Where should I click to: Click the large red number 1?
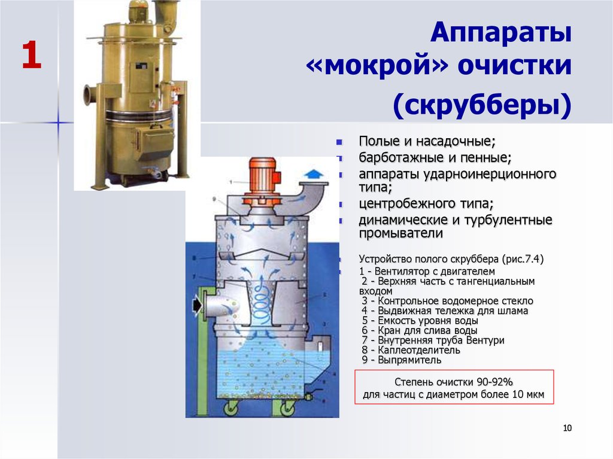point(31,55)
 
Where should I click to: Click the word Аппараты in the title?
point(501,33)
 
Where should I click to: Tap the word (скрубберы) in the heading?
point(482,105)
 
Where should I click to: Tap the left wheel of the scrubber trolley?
point(230,409)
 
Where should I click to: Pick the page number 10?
point(568,428)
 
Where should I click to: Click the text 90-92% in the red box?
point(494,382)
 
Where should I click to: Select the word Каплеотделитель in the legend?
point(418,350)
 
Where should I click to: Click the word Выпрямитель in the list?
point(409,360)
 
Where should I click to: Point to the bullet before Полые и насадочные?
point(339,142)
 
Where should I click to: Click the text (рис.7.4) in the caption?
point(523,259)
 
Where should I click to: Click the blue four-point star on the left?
point(58,123)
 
